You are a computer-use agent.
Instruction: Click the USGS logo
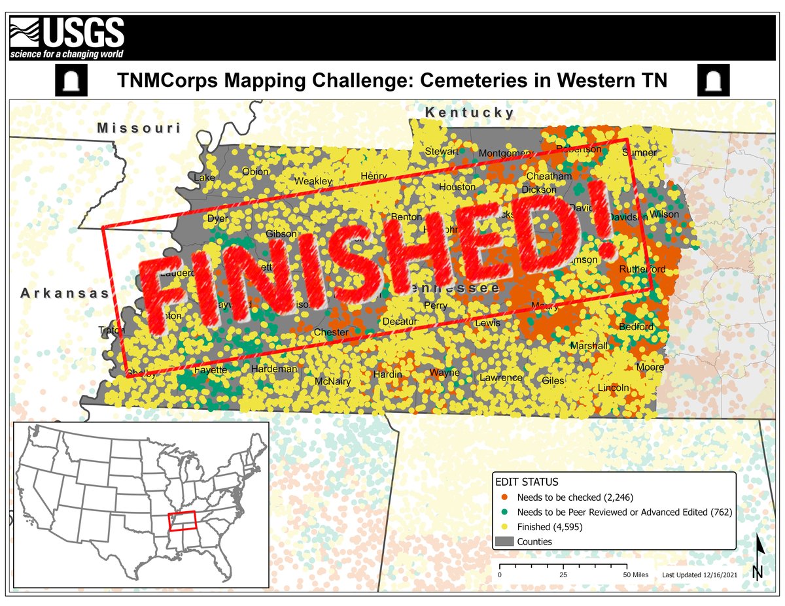click(67, 37)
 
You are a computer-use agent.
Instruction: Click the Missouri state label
click(139, 128)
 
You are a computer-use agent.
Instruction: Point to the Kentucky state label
click(470, 112)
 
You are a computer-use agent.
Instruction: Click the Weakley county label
click(313, 181)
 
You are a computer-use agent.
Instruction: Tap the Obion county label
click(255, 172)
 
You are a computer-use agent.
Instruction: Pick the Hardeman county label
click(274, 369)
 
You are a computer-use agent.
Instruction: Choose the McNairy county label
click(333, 381)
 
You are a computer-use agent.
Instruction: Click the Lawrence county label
click(501, 377)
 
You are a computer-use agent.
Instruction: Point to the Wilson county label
click(664, 214)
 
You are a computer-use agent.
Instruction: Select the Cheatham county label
click(549, 177)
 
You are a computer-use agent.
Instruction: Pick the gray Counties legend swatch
click(504, 541)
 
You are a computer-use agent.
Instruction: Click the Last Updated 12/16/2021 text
click(699, 575)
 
